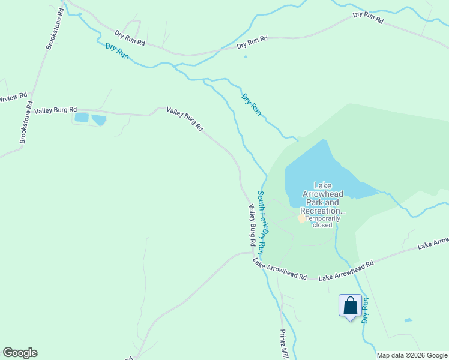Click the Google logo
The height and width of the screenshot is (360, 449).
20,353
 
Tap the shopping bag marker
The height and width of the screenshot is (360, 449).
350,306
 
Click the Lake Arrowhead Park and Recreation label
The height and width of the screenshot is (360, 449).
323,199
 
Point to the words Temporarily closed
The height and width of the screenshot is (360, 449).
323,221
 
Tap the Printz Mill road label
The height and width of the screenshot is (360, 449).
284,345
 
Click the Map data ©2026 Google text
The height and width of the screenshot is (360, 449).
411,355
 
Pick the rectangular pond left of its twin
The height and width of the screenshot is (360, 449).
81,118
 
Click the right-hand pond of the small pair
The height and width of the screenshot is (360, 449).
98,120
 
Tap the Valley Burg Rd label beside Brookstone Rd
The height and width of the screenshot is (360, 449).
56,110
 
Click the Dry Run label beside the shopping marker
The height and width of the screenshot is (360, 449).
365,309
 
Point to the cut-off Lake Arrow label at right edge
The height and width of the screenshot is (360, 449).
433,243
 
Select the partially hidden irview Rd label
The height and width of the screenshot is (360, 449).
13,97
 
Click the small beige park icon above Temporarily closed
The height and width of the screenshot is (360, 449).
302,218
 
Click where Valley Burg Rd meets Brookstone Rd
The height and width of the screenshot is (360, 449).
29,111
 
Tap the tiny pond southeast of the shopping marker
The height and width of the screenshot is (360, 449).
408,320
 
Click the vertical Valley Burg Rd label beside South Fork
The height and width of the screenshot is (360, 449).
253,226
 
